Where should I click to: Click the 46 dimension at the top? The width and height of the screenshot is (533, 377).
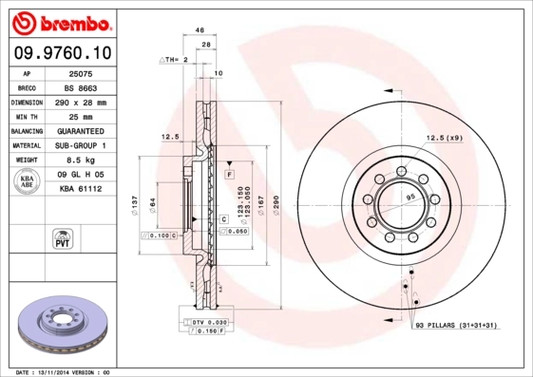(200, 30)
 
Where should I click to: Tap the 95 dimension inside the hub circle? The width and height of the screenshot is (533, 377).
(411, 197)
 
